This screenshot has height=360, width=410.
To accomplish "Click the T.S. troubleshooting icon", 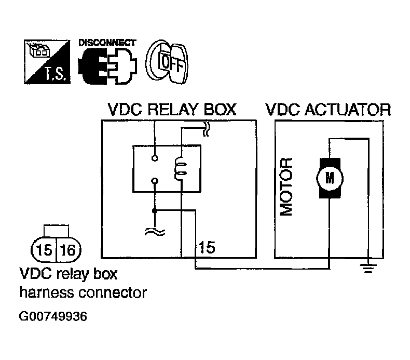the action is (47, 62).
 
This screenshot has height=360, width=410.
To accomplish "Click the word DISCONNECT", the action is (107, 43).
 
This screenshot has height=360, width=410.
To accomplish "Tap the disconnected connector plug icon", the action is (107, 66).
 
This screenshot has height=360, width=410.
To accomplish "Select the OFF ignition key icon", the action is (167, 62).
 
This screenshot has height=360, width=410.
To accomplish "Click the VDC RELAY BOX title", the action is (172, 110).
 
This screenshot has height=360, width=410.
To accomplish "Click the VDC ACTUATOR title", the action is (328, 110).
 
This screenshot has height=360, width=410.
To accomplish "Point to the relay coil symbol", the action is (181, 169).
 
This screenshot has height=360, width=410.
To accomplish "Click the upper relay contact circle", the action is (155, 158).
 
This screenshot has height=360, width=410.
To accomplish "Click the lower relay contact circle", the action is (155, 181).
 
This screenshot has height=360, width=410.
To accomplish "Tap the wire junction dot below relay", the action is (155, 210).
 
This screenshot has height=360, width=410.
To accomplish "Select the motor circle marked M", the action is (330, 178).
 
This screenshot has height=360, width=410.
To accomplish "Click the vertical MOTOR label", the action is (286, 187).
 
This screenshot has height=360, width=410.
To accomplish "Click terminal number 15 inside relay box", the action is (207, 247).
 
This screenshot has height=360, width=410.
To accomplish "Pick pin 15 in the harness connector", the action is (44, 250).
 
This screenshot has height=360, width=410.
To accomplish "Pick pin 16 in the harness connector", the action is (67, 250).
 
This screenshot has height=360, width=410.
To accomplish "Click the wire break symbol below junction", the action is (155, 232).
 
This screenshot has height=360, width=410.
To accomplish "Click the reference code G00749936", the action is (53, 316).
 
